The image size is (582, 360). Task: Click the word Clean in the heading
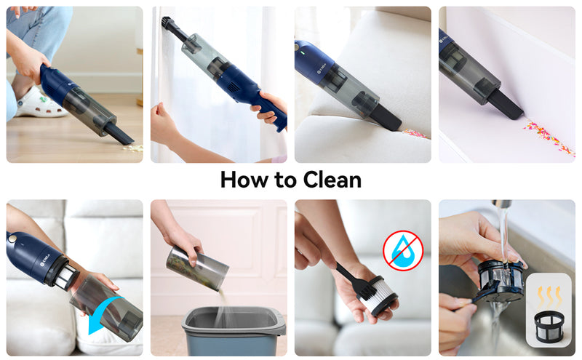[x=332, y=180]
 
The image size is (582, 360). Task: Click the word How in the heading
[x=244, y=180]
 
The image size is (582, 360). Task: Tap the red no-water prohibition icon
[x=403, y=251]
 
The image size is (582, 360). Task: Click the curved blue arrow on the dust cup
[x=105, y=313]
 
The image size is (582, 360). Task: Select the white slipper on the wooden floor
[x=40, y=103]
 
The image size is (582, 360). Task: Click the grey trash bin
[x=234, y=330]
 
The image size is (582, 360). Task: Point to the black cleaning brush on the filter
[x=354, y=279]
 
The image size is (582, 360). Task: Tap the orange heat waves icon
[x=549, y=297]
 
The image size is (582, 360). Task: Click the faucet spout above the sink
[x=501, y=204]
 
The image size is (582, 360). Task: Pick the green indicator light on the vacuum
[x=302, y=52]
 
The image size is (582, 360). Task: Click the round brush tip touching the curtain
[x=166, y=22]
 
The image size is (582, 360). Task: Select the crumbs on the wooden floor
[x=133, y=148]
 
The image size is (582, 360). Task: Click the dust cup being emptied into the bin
[x=197, y=268]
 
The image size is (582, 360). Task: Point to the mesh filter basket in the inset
[x=549, y=327]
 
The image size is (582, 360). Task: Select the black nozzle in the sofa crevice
[x=386, y=117]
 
